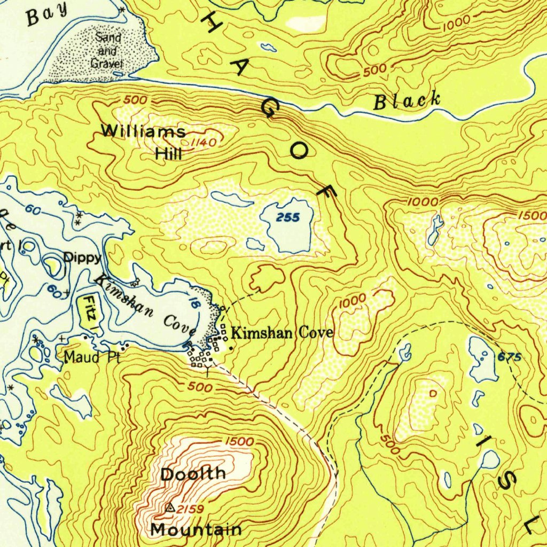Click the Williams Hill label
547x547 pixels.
[143, 142]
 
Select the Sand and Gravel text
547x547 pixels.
[108, 51]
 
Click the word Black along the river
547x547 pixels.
[407, 100]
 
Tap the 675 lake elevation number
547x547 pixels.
[510, 357]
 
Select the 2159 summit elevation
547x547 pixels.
[190, 510]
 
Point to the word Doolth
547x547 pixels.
[193, 473]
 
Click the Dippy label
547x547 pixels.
[82, 257]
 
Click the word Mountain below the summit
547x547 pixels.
[196, 530]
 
